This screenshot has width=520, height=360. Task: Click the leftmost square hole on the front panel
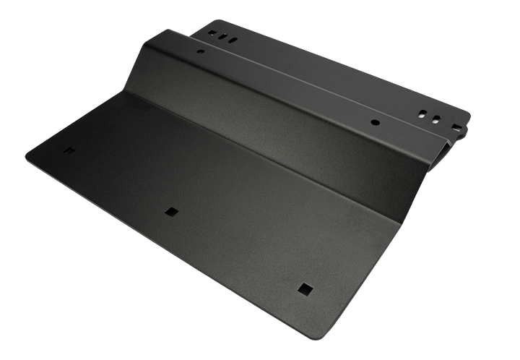pyautogui.click(x=68, y=151)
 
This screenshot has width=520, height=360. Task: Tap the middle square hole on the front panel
pyautogui.click(x=171, y=211)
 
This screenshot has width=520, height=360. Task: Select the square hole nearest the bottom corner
pyautogui.click(x=303, y=288)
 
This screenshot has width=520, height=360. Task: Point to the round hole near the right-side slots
pyautogui.click(x=375, y=122)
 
